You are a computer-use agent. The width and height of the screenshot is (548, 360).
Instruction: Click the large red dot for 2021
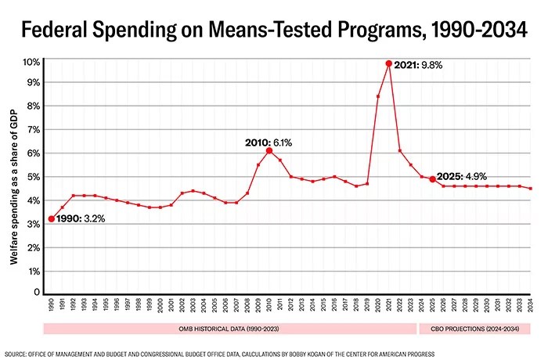tap(388, 63)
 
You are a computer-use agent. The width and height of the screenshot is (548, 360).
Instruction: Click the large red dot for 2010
tap(269, 150)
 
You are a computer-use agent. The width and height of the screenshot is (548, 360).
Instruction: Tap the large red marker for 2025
tap(432, 179)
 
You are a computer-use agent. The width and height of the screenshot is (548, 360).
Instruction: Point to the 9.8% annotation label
tap(431, 65)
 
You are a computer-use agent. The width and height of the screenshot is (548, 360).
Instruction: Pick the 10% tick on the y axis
tap(31, 60)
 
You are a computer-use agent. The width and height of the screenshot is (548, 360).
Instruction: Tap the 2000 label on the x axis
tap(160, 306)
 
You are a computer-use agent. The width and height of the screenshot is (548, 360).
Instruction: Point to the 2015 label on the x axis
tap(323, 306)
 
